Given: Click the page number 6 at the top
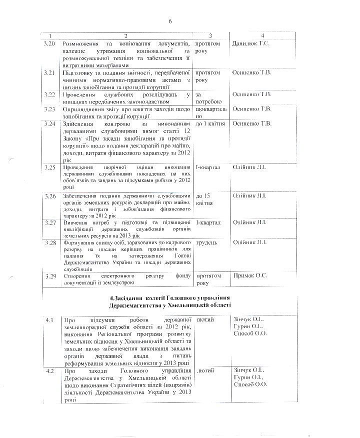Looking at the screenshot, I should pos(170,21).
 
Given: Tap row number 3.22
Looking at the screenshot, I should pos(49,94).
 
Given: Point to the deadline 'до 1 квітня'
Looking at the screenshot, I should pos(210,123).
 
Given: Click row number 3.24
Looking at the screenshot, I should pos(49,123).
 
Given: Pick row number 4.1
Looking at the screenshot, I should pos(49,319).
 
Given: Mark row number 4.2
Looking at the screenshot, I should pos(49,370).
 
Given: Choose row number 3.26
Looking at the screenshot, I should pos(49,195).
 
